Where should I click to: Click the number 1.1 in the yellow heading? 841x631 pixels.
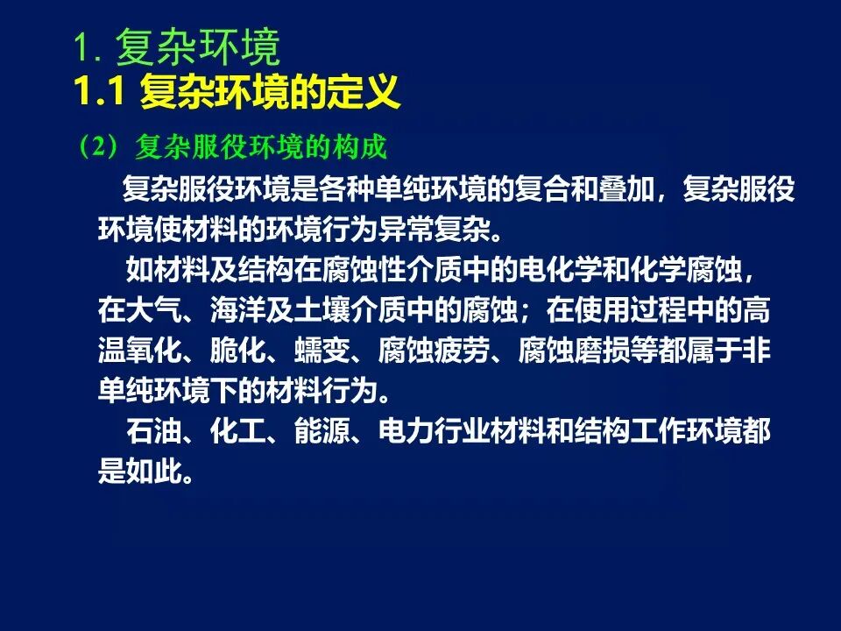(99, 92)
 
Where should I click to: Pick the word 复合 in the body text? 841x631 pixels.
(542, 189)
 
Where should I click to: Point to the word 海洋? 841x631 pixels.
(238, 310)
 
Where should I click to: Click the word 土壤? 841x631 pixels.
(322, 310)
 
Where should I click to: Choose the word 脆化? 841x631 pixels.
(238, 351)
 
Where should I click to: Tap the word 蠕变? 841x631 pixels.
(322, 351)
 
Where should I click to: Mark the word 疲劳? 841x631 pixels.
(463, 351)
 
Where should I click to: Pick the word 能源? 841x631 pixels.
(322, 431)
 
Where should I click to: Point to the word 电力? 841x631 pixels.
(406, 431)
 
